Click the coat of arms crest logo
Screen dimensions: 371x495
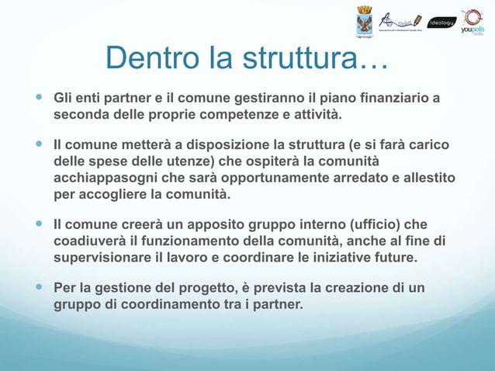pyautogui.click(x=365, y=21)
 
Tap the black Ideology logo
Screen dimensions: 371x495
pyautogui.click(x=443, y=22)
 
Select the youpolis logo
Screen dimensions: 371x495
pyautogui.click(x=472, y=22)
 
